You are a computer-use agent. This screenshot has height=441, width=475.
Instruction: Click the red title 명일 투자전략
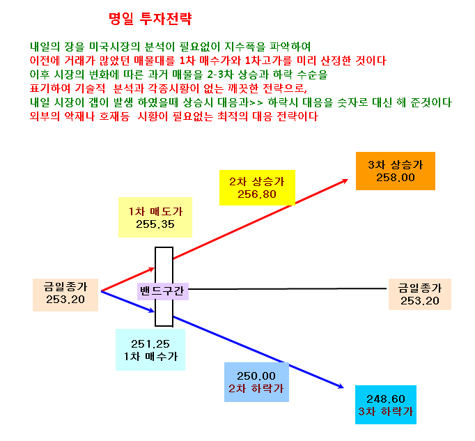tap(150, 19)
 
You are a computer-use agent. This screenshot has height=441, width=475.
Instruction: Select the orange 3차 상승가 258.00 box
tap(396, 171)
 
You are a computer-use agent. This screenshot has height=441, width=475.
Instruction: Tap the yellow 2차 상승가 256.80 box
tap(257, 187)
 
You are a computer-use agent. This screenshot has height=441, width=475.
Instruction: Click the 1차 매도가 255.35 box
tap(155, 217)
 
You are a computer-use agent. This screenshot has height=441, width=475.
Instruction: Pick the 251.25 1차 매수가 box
tap(150, 350)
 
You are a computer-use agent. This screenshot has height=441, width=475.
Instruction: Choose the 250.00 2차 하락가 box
tap(256, 382)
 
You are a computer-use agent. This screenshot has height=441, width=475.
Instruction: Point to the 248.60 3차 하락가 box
tap(386, 405)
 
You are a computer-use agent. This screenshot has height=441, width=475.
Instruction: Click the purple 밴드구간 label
tap(163, 291)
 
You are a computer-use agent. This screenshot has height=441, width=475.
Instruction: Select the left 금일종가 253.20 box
tap(65, 295)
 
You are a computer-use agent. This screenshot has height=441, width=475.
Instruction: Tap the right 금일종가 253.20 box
tap(420, 294)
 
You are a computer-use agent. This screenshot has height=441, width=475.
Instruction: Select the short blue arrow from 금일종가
tap(128, 302)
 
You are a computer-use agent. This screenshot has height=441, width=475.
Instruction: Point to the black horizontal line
tap(287, 289)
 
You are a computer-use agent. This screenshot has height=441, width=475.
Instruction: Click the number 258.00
tap(396, 178)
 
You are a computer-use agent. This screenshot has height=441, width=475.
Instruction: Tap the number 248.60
tap(386, 399)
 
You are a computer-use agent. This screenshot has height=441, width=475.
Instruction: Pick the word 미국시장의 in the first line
tap(114, 47)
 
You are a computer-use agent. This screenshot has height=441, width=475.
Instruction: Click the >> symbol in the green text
tap(256, 102)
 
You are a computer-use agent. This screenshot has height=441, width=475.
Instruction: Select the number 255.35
tap(155, 224)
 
